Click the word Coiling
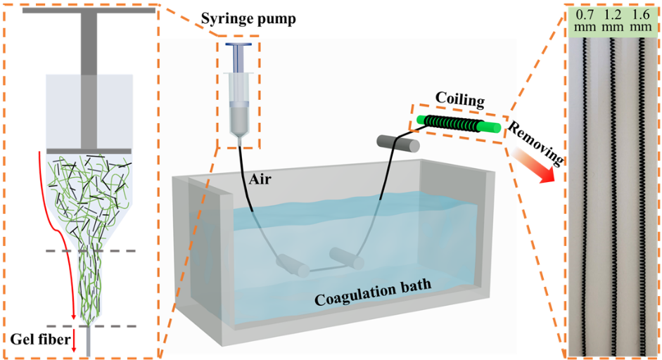point(460,100)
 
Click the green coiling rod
point(457,124)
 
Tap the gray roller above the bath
point(398,143)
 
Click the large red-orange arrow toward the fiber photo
point(539,165)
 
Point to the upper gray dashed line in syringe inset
point(89,251)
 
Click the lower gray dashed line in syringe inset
point(89,326)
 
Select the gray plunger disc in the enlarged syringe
point(89,151)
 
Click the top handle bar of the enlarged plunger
point(89,10)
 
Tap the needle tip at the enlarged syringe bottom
point(89,347)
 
